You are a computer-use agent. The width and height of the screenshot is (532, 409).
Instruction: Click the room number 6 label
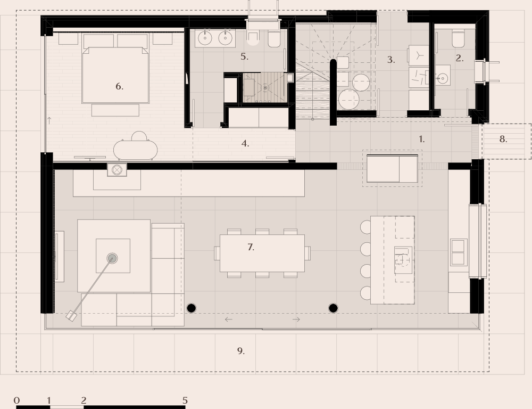pyautogui.click(x=119, y=86)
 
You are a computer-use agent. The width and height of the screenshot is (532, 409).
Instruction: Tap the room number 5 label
pyautogui.click(x=244, y=56)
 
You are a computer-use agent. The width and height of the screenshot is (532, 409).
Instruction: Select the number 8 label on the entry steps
pyautogui.click(x=503, y=140)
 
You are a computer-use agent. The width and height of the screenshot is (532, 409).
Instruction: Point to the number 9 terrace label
pyautogui.click(x=240, y=350)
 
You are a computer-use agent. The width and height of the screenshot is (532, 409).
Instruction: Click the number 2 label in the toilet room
pyautogui.click(x=459, y=58)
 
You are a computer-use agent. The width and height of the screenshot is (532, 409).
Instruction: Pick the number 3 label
pyautogui.click(x=390, y=60)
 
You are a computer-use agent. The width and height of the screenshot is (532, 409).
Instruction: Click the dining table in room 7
pyautogui.click(x=262, y=253)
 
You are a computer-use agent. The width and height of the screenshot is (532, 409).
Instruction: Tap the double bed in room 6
pyautogui.click(x=115, y=75)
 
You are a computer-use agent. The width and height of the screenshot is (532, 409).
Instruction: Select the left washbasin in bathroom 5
pyautogui.click(x=205, y=38)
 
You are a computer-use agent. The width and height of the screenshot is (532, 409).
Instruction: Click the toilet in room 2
pyautogui.click(x=458, y=38)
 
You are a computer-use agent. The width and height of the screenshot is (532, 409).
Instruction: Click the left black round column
pyautogui.click(x=192, y=308)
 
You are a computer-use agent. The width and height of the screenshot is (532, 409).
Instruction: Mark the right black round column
pyautogui.click(x=333, y=308)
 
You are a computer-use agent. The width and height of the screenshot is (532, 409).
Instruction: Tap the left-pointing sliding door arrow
pyautogui.click(x=228, y=320)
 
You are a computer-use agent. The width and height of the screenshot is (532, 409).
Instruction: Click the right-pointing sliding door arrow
pyautogui.click(x=296, y=320)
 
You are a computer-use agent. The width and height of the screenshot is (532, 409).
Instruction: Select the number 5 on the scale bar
pyautogui.click(x=185, y=400)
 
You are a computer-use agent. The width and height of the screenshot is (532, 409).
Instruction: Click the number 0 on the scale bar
pyautogui.click(x=17, y=400)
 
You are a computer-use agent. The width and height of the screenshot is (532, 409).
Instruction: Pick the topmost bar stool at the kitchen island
pyautogui.click(x=365, y=227)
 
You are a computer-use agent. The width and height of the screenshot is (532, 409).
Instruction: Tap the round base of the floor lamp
pyautogui.click(x=112, y=258)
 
